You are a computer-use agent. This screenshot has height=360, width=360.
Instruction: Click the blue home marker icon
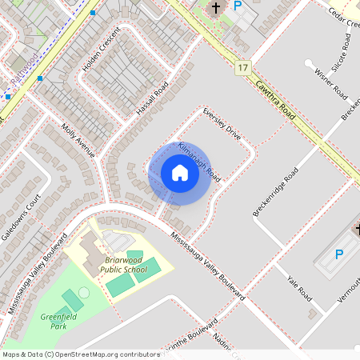[180, 173]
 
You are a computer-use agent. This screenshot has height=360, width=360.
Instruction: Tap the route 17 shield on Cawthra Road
[242, 69]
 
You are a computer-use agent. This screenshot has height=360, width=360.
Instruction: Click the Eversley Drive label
[222, 122]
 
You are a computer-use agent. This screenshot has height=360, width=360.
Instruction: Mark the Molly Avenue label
[78, 140]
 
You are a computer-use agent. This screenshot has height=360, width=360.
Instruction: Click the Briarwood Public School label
[126, 265]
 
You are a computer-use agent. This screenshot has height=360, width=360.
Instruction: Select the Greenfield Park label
[54, 321]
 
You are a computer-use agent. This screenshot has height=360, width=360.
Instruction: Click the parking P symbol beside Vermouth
[338, 254]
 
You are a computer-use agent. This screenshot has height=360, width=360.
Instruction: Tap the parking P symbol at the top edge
[238, 6]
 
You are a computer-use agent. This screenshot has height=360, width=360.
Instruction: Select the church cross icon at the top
[215, 8]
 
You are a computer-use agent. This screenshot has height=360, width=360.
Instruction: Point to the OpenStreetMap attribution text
[81, 354]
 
